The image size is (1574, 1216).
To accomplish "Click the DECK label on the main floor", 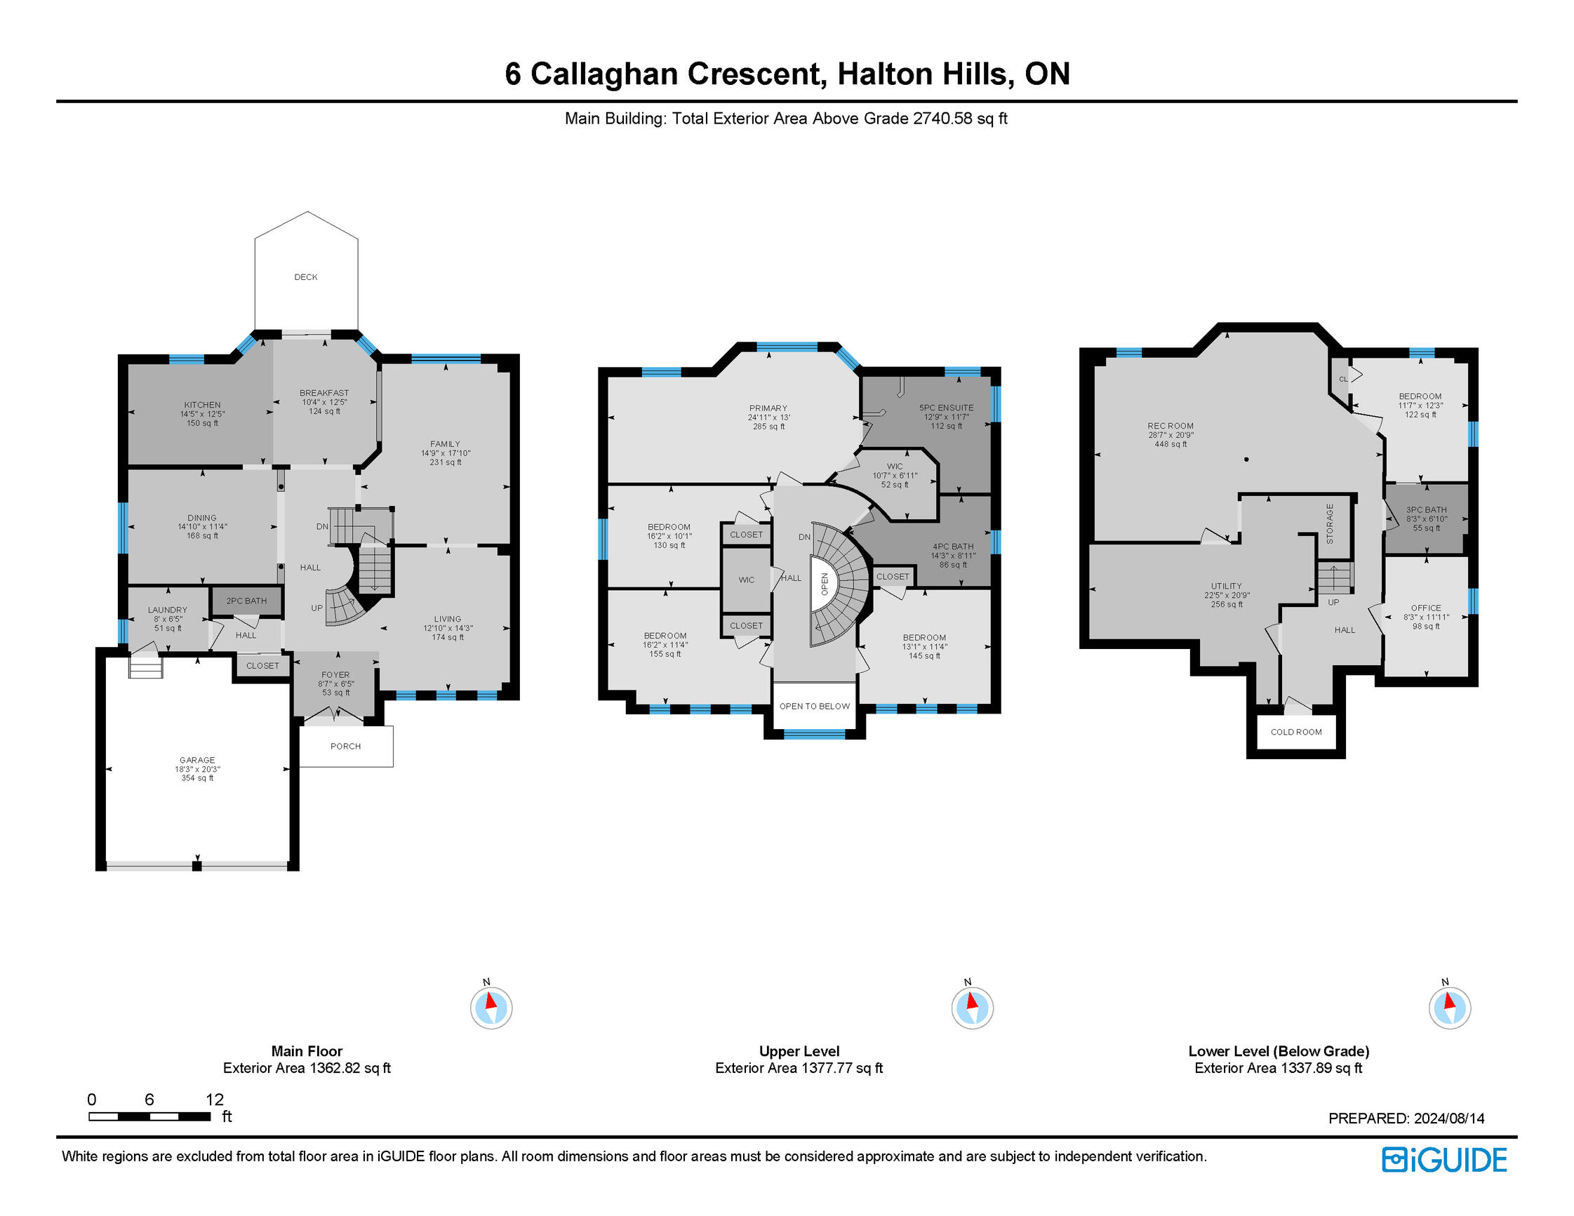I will (305, 276).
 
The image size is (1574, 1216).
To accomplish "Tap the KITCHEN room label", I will (202, 405).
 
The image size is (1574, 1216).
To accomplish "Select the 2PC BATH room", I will (246, 601).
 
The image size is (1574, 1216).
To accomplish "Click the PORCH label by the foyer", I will (345, 746).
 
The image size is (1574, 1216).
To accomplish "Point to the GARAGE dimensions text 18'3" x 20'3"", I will (196, 769).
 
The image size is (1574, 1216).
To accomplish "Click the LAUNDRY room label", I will (167, 610).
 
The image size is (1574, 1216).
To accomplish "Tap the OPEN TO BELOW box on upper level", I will (815, 706).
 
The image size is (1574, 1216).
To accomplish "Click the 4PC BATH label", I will (953, 547).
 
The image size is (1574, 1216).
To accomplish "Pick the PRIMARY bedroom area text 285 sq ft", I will (768, 427).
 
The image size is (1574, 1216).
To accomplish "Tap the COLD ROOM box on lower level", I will (1296, 732).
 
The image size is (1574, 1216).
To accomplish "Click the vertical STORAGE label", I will (1330, 524).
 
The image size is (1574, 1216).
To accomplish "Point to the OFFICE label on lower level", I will (1425, 608).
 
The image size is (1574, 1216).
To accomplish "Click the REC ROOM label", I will (1171, 426).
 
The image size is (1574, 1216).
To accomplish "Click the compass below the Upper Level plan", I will (971, 1007).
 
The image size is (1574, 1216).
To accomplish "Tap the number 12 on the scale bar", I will (215, 1100).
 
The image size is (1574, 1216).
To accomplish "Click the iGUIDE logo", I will (1443, 1160).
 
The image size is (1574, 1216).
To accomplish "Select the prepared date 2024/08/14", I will (1448, 1118).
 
